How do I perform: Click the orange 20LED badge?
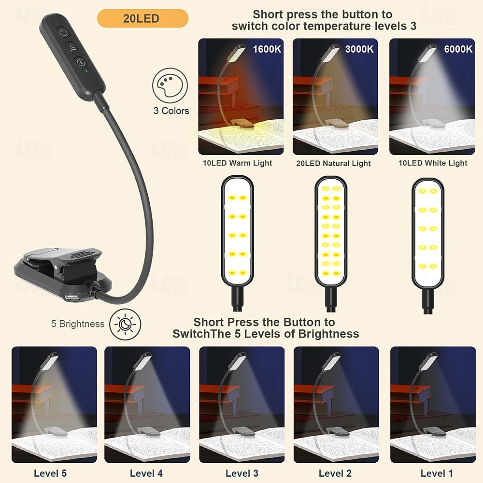coord(142,18)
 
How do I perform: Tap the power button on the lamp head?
coord(63,32)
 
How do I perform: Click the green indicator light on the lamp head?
coord(86,71)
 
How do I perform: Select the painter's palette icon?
coord(170,85)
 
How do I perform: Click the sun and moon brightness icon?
coord(125,325)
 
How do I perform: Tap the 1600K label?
coord(267,49)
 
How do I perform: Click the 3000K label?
coord(359,49)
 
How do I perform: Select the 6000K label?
coord(458,49)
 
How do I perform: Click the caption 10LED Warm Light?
coord(237,163)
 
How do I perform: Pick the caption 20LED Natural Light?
coord(333,163)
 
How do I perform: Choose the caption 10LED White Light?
coord(433,163)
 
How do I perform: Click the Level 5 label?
coord(50,473)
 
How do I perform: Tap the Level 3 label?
coord(242,473)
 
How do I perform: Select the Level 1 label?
coord(437,473)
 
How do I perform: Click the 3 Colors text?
coord(171,111)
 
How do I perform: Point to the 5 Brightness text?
coord(78,324)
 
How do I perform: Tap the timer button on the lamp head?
coord(81,62)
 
